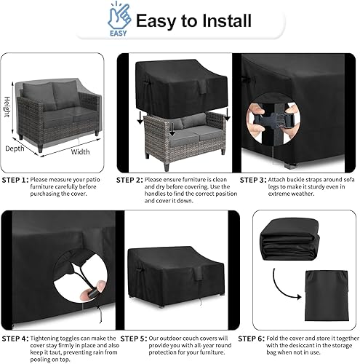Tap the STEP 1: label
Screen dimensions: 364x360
pos(15,179)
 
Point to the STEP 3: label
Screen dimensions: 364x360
pos(254,179)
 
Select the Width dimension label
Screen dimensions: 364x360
pos(81,152)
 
